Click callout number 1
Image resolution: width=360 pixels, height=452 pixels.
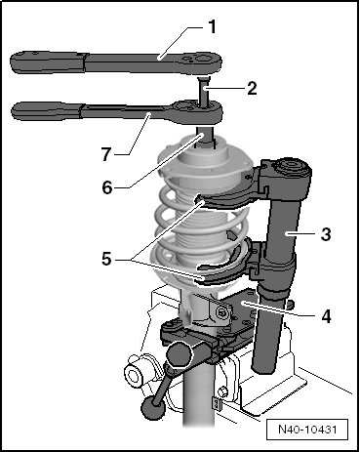(212, 27)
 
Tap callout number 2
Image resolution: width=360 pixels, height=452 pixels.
(252, 88)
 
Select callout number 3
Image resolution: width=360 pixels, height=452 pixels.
(326, 234)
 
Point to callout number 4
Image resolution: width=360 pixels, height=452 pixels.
(326, 316)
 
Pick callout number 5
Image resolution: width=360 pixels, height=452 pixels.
(106, 260)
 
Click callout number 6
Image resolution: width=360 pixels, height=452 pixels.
(107, 187)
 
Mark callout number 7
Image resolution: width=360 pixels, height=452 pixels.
(106, 154)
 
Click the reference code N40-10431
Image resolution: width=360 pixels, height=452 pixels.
(307, 430)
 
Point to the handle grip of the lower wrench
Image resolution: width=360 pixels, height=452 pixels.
(46, 110)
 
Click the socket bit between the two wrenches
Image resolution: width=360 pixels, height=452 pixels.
(204, 91)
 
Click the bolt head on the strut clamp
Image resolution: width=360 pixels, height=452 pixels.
(222, 312)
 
